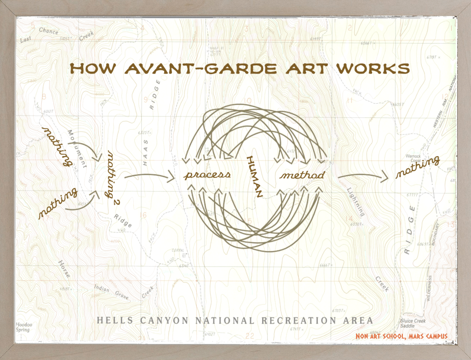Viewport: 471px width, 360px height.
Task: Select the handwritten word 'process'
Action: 207,175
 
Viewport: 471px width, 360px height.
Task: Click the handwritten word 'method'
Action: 303,175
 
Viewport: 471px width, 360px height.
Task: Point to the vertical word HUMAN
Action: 254,177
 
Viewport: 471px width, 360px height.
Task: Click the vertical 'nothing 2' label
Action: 113,175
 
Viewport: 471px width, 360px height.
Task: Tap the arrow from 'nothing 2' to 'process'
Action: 149,175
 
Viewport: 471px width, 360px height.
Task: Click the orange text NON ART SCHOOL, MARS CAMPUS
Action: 401,337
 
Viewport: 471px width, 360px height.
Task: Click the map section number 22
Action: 250,336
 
